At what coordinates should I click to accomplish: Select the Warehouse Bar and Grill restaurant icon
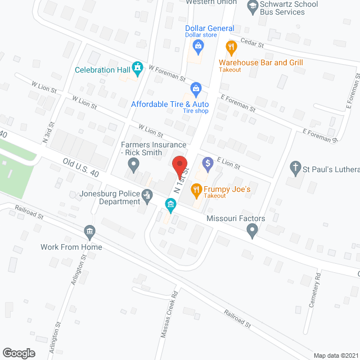coord(229,47)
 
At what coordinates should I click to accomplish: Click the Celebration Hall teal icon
coord(137,68)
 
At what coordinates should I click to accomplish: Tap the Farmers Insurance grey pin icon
coord(133,165)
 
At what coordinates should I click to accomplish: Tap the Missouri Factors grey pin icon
coord(253,229)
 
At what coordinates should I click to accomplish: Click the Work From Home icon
coord(89,231)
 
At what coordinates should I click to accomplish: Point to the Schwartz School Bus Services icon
coord(252,7)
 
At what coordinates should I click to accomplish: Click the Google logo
coord(19,353)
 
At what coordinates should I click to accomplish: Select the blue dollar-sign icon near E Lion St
coord(208,164)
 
